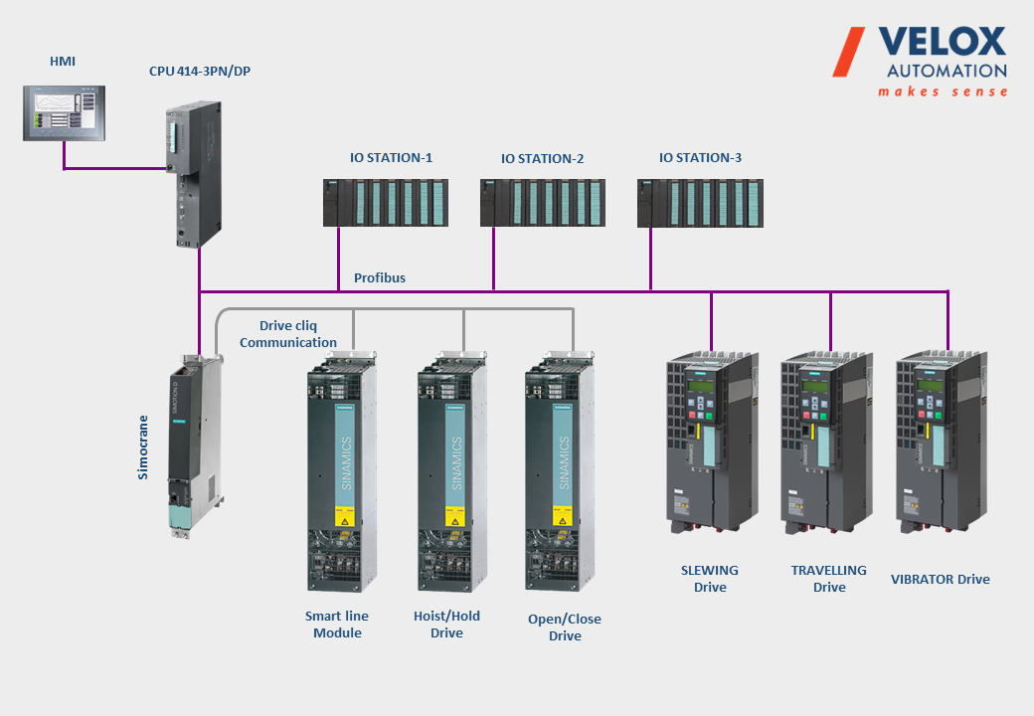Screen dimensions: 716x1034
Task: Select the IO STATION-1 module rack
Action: click(385, 203)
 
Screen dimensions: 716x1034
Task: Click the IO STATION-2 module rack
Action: click(541, 203)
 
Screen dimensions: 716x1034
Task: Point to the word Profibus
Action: click(380, 278)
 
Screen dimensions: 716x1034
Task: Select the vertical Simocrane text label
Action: click(143, 447)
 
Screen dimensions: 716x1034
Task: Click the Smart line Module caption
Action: click(337, 625)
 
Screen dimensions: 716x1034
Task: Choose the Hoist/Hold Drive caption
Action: click(446, 625)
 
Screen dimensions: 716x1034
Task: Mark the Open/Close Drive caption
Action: click(565, 627)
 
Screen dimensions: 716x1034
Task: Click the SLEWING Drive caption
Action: click(710, 579)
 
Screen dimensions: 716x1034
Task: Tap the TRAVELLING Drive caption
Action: click(829, 579)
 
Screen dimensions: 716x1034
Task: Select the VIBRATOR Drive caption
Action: click(941, 579)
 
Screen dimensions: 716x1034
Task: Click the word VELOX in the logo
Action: click(943, 42)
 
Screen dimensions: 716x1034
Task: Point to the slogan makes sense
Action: click(943, 91)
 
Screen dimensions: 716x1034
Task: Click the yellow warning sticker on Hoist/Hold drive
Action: click(454, 519)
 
